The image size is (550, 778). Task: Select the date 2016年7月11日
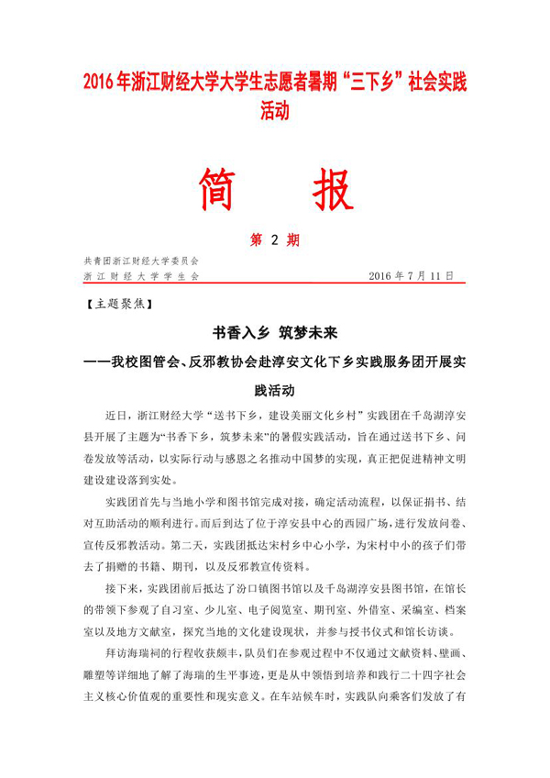(x=410, y=275)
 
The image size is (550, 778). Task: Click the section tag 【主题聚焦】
(x=114, y=301)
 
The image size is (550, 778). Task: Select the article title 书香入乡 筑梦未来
(x=275, y=330)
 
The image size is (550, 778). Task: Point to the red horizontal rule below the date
(x=275, y=283)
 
